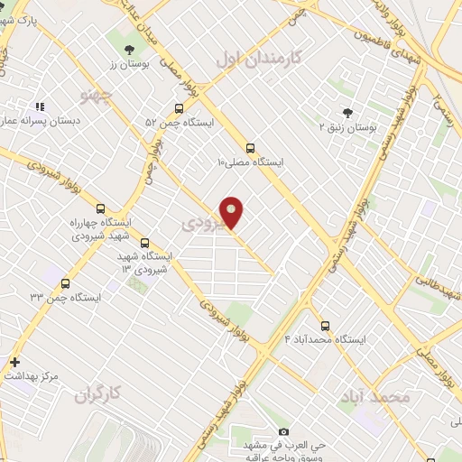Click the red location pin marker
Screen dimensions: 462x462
click(232, 213)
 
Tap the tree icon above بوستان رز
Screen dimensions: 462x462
click(126, 49)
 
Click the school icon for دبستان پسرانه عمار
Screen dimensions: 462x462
click(40, 106)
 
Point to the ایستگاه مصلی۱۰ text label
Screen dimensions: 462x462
click(250, 162)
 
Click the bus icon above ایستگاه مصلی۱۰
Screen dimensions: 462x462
click(250, 148)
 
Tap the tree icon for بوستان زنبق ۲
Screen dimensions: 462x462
click(347, 113)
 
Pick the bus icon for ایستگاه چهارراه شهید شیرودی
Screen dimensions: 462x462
click(99, 208)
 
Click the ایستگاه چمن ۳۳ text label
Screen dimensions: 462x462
click(63, 297)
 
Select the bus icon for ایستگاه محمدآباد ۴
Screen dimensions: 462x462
click(325, 326)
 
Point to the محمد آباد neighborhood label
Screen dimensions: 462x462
click(374, 396)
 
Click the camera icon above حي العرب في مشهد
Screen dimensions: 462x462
click(284, 432)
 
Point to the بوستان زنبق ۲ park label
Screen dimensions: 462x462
click(347, 127)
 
